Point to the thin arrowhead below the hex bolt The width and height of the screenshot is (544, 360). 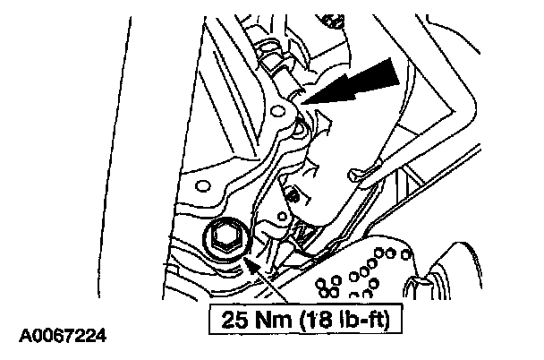click(x=253, y=265)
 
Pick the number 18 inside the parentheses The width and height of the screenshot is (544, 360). click(x=312, y=318)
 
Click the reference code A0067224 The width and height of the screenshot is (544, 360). click(x=65, y=338)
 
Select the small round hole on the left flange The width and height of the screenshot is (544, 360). click(x=202, y=188)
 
